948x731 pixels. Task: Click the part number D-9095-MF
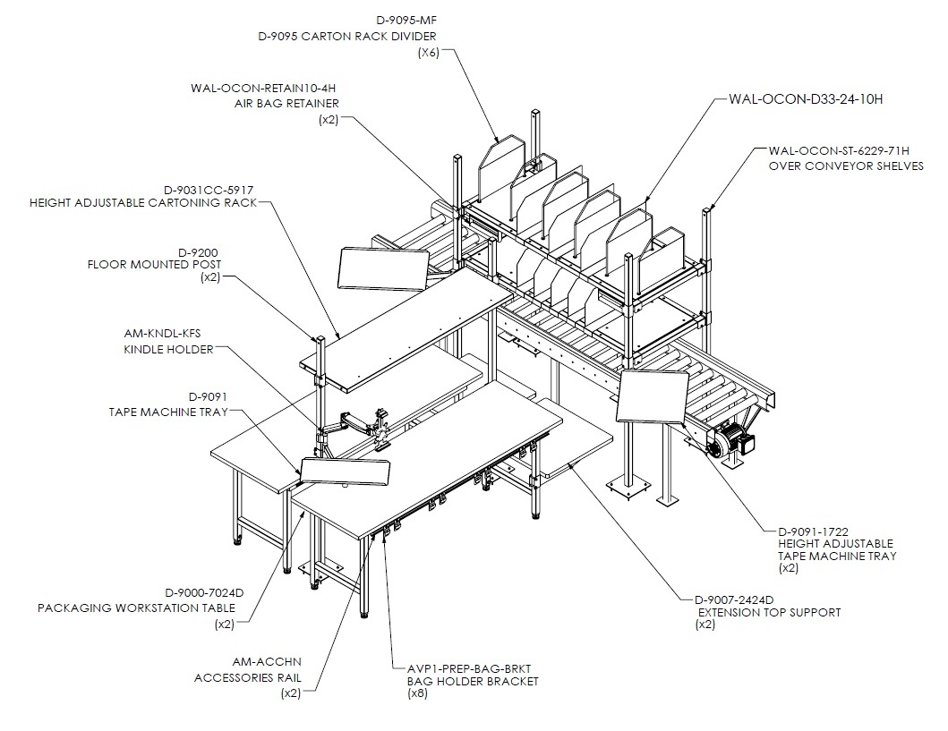(406, 21)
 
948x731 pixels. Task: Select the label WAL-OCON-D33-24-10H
(806, 99)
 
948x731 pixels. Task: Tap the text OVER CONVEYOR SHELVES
(846, 166)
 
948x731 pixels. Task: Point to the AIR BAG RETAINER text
(286, 103)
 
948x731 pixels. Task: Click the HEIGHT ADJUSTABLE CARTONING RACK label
(143, 202)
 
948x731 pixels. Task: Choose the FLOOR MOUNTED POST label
(154, 265)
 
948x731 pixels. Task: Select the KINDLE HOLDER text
(168, 349)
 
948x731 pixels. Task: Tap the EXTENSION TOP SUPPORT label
(770, 613)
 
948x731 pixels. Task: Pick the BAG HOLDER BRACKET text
(473, 682)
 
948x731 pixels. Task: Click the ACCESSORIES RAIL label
(247, 678)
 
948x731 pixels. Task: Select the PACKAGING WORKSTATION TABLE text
(137, 608)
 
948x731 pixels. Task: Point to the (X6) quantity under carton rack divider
(429, 53)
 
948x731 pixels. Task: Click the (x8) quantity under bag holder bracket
(417, 693)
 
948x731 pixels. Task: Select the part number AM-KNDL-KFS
(163, 334)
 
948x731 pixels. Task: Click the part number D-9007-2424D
(734, 599)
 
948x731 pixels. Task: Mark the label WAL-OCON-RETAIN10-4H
(263, 89)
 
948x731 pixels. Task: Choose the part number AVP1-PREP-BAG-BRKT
(469, 668)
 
